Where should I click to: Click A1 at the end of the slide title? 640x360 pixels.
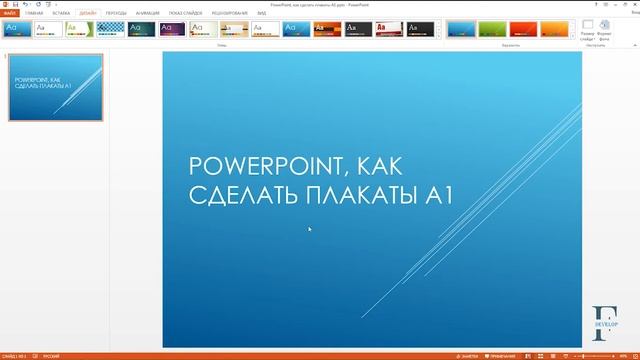click(440, 194)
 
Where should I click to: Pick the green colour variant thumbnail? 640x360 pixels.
click(492, 29)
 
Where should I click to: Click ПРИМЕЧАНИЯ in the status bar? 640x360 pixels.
click(503, 355)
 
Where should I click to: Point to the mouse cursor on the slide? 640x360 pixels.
click(309, 229)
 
